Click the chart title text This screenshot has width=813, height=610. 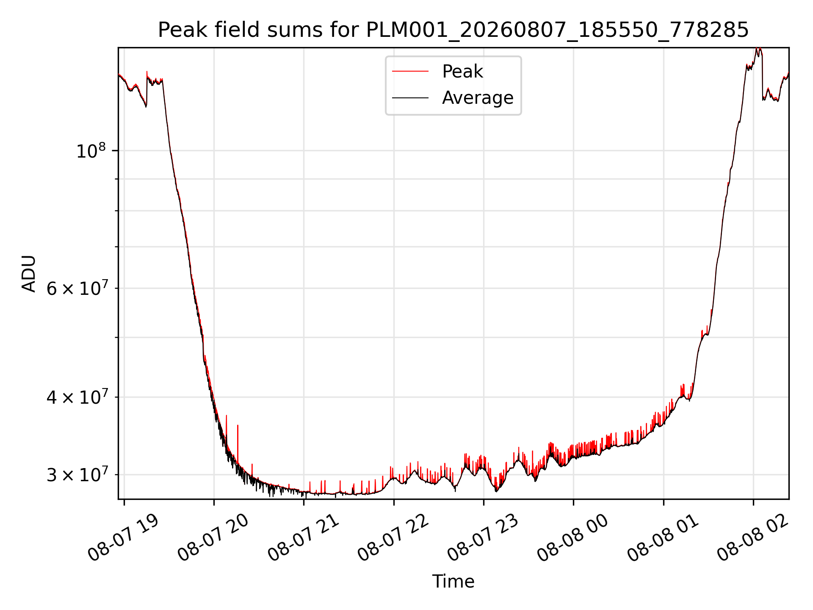click(x=453, y=30)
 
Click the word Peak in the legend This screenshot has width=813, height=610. click(x=462, y=72)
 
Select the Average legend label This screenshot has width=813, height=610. click(x=478, y=98)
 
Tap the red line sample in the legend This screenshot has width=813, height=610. click(x=410, y=72)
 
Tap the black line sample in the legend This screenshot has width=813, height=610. click(x=410, y=98)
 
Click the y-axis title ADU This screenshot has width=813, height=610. click(x=29, y=273)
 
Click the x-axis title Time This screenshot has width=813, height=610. click(x=453, y=581)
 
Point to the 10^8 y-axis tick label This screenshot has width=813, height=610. click(x=91, y=151)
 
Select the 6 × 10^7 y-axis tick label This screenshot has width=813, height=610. click(x=76, y=288)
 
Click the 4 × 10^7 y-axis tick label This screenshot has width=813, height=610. click(x=76, y=397)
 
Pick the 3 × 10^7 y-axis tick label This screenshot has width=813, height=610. click(x=76, y=475)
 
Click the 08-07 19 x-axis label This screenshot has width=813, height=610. click(x=123, y=538)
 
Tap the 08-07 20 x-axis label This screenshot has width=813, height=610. click(x=213, y=538)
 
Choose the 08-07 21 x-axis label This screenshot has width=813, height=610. click(x=303, y=538)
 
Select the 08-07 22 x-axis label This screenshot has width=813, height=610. click(x=393, y=538)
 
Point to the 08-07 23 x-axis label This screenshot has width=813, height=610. click(x=483, y=538)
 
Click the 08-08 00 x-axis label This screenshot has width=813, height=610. click(x=573, y=538)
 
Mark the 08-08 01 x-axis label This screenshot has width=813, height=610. click(x=663, y=538)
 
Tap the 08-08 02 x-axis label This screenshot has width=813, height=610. click(x=752, y=538)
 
